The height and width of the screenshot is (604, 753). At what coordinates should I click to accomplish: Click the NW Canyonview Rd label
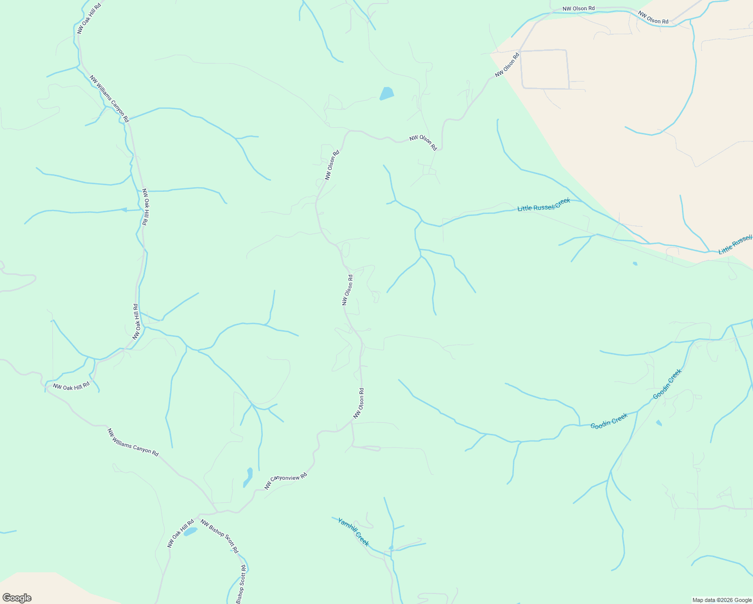click(286, 481)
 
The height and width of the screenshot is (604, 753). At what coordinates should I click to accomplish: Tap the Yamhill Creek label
click(353, 532)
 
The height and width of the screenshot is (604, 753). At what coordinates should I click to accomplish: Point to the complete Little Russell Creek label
click(544, 204)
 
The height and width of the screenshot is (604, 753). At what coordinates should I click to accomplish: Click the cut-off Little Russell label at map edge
click(735, 244)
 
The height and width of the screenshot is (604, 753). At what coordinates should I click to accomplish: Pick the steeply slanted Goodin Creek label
click(667, 384)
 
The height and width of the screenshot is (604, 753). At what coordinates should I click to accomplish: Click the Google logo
click(17, 598)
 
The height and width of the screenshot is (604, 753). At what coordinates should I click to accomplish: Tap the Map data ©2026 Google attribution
click(721, 600)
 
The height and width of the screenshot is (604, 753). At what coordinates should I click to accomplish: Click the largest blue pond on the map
click(387, 94)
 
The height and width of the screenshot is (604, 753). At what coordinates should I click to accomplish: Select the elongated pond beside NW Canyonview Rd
click(248, 477)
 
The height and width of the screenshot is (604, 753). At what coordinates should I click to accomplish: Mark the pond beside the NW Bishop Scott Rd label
click(190, 532)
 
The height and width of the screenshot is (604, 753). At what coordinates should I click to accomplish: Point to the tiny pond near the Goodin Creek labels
click(659, 423)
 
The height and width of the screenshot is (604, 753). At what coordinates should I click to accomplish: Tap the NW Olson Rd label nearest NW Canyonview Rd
click(358, 403)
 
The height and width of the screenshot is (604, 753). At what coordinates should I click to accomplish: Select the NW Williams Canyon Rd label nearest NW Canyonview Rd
click(133, 442)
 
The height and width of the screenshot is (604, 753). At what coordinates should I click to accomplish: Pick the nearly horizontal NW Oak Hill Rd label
click(71, 387)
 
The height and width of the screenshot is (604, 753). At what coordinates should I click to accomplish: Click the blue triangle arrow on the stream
click(123, 210)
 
